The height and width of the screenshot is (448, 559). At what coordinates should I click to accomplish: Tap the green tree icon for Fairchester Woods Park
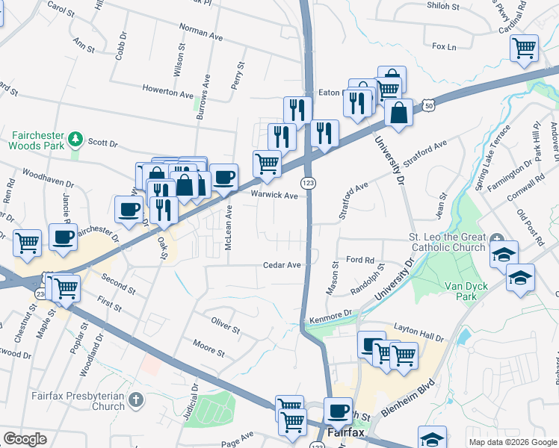pyautogui.click(x=75, y=140)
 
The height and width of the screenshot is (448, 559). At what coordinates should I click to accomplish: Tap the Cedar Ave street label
pyautogui.click(x=281, y=265)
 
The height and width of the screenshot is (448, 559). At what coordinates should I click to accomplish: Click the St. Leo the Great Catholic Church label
pyautogui.click(x=447, y=243)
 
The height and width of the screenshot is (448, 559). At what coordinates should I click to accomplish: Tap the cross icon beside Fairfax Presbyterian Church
pyautogui.click(x=135, y=401)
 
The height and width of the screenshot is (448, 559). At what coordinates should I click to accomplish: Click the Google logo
pyautogui.click(x=25, y=438)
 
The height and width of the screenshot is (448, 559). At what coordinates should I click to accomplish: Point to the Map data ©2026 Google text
pyautogui.click(x=512, y=442)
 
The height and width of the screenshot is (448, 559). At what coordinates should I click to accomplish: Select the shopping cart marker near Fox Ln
pyautogui.click(x=524, y=48)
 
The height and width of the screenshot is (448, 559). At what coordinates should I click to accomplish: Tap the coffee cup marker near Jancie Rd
pyautogui.click(x=63, y=237)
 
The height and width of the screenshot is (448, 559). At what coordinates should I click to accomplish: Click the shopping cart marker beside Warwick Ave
pyautogui.click(x=267, y=163)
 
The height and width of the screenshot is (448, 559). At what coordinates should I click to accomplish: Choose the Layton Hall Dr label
pyautogui.click(x=419, y=329)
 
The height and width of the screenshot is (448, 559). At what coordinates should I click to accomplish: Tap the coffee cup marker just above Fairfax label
pyautogui.click(x=338, y=411)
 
